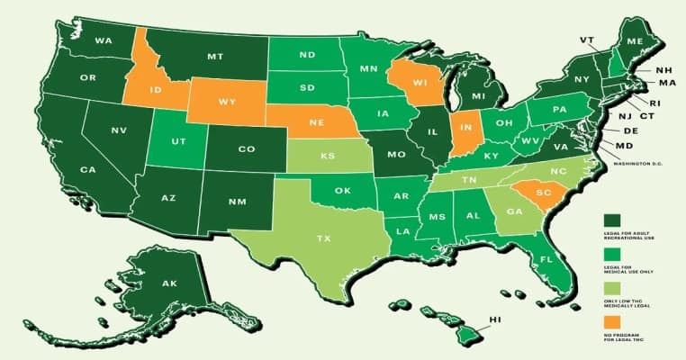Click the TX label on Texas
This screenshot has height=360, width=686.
(x=321, y=239)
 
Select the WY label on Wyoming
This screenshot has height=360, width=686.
(x=227, y=102)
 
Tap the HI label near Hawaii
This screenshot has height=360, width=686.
(x=494, y=319)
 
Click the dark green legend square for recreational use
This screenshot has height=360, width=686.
(x=612, y=220)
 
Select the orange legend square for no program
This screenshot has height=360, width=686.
(x=612, y=320)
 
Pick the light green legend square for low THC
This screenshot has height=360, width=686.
(x=612, y=287)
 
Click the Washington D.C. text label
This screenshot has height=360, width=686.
(x=639, y=164)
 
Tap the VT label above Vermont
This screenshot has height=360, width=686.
(x=587, y=39)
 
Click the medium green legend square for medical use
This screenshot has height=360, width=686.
(x=612, y=254)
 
